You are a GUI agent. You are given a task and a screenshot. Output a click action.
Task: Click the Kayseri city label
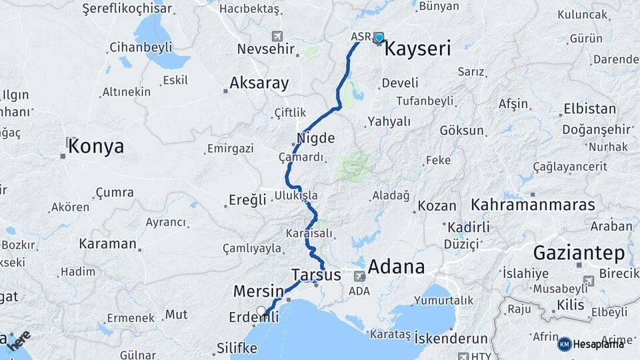point(418,48)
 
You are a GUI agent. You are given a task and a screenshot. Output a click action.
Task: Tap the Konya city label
point(95,146)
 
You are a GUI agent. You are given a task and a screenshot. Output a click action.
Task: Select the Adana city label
point(396,267)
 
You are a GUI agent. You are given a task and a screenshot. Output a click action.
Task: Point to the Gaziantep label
point(579,253)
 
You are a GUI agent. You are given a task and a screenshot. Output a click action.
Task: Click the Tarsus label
point(316,275)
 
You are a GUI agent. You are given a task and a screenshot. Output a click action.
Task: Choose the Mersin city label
point(258,291)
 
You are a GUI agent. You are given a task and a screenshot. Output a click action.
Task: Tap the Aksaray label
point(259,83)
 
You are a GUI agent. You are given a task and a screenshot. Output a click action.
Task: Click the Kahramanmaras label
point(533,205)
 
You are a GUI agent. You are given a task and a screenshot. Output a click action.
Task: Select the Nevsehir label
point(266,49)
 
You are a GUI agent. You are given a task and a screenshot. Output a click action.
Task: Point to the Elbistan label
point(589,108)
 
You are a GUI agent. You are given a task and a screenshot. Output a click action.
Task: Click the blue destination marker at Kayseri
point(379,38)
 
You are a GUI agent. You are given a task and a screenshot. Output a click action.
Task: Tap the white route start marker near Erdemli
point(261,310)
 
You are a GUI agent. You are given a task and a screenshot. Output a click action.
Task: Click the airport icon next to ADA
point(360,276)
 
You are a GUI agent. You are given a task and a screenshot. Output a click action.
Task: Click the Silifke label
point(237,347)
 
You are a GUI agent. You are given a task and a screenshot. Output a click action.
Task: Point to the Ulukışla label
point(295,196)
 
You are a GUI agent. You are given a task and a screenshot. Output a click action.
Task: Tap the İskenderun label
point(451,339)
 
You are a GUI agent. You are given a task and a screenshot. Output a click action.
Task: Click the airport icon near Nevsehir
point(277,35)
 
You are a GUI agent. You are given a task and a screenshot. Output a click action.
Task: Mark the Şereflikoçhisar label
point(126,9)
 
